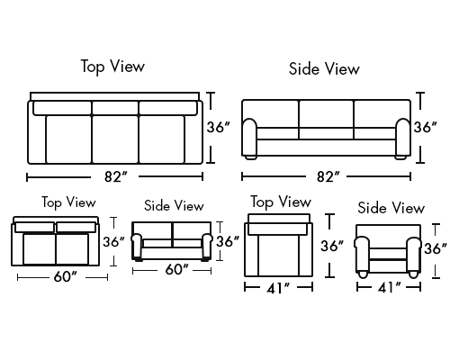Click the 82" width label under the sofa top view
(x=116, y=176)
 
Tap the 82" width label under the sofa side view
(x=328, y=176)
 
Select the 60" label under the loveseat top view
(x=66, y=276)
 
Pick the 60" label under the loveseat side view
(x=177, y=269)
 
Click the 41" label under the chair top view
(x=278, y=288)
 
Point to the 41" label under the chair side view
(x=389, y=288)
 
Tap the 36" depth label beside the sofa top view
(x=219, y=127)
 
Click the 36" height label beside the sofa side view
(x=426, y=127)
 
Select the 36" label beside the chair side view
(x=436, y=248)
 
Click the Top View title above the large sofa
(x=112, y=67)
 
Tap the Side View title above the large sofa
(x=324, y=68)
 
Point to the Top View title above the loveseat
(x=68, y=202)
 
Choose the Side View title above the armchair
(x=391, y=208)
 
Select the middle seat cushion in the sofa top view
(x=115, y=139)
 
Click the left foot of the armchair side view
(x=363, y=274)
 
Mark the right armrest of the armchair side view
(x=414, y=255)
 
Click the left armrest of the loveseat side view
(x=137, y=246)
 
